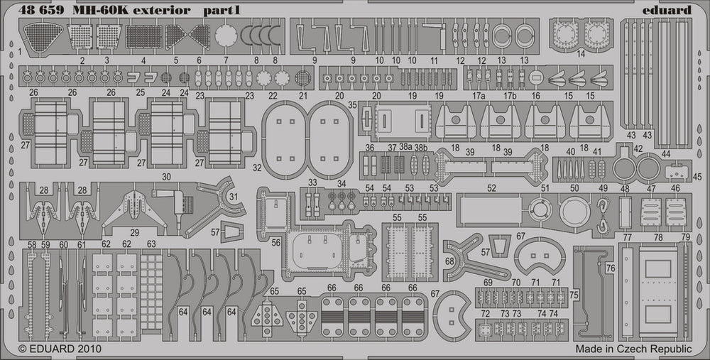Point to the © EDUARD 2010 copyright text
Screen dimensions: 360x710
click(60, 349)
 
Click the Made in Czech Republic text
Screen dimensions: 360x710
click(633, 349)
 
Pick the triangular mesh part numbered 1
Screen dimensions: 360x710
click(36, 35)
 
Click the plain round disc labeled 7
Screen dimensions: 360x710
click(225, 35)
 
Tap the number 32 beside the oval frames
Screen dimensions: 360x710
click(257, 168)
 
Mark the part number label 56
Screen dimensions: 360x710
click(275, 242)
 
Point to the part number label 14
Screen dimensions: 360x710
click(581, 54)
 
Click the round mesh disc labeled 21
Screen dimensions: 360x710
click(303, 77)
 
